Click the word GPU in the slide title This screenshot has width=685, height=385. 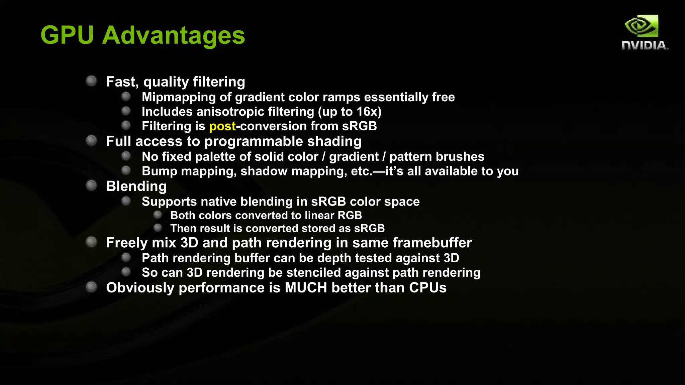(67, 35)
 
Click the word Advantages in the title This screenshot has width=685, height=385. (174, 36)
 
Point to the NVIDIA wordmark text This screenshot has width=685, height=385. (645, 45)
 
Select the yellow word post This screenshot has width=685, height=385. (222, 126)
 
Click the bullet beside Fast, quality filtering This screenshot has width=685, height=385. (91, 81)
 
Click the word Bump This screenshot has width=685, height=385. (160, 171)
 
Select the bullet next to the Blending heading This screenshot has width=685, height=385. (91, 185)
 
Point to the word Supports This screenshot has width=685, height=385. (169, 202)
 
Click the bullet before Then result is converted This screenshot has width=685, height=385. (158, 228)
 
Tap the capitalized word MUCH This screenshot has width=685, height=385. (306, 288)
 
